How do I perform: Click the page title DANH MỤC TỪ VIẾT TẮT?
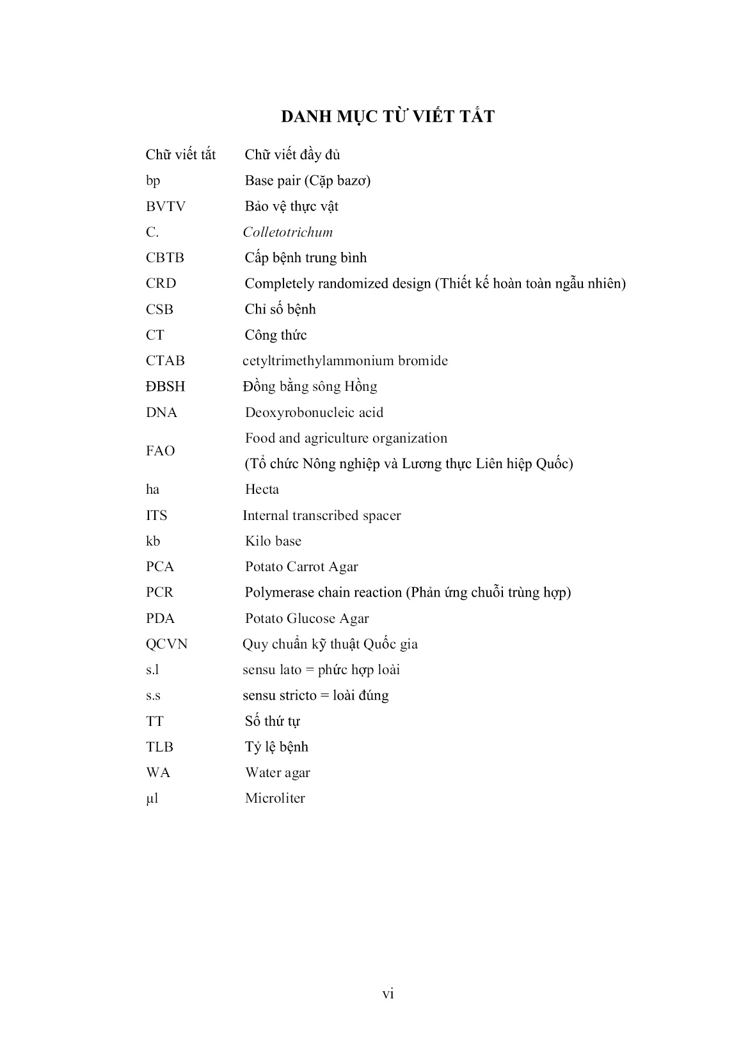pyautogui.click(x=388, y=117)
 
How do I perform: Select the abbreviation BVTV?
pyautogui.click(x=165, y=207)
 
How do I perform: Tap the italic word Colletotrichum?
pyautogui.click(x=287, y=232)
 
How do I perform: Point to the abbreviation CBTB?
pyautogui.click(x=164, y=258)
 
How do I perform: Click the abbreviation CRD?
pyautogui.click(x=161, y=283)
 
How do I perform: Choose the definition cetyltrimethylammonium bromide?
pyautogui.click(x=345, y=361)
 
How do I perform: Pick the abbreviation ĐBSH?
pyautogui.click(x=165, y=387)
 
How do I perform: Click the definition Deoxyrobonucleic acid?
pyautogui.click(x=314, y=413)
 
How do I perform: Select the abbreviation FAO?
pyautogui.click(x=160, y=451)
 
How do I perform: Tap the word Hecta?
pyautogui.click(x=262, y=489)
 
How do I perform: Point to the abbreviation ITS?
pyautogui.click(x=156, y=516)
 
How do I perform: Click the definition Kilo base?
pyautogui.click(x=273, y=541)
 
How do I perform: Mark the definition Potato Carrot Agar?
pyautogui.click(x=301, y=567)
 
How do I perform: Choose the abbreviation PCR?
pyautogui.click(x=159, y=592)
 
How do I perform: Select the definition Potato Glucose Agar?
pyautogui.click(x=307, y=618)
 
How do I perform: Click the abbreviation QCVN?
pyautogui.click(x=166, y=644)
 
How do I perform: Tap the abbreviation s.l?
pyautogui.click(x=152, y=670)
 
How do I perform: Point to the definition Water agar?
pyautogui.click(x=277, y=773)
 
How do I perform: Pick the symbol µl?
pyautogui.click(x=152, y=798)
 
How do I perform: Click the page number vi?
pyautogui.click(x=388, y=993)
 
